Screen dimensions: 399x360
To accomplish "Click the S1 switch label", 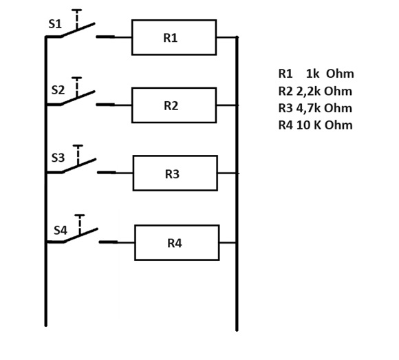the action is [x=55, y=24].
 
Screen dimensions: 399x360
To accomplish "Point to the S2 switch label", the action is [x=58, y=90].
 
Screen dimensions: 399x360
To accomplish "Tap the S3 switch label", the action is [x=58, y=158].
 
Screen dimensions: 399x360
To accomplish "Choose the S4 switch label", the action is [x=61, y=231].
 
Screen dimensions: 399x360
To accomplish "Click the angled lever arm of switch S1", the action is [x=78, y=30].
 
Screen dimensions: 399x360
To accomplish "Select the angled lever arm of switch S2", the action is [x=78, y=98].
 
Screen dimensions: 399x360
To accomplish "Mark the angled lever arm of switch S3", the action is [x=79, y=166].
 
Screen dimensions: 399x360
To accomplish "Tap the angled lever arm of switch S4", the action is [x=80, y=235].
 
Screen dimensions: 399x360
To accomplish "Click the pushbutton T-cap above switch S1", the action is [x=76, y=10].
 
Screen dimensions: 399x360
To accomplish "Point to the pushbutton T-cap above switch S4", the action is [x=80, y=215].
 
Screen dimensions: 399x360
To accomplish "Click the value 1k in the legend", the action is [x=312, y=74].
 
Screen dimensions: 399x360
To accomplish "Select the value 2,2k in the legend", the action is [x=308, y=91].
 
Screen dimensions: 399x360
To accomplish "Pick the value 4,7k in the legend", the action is [x=308, y=108].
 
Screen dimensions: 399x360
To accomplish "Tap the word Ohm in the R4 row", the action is [x=338, y=125].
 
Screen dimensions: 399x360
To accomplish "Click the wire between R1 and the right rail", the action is [x=226, y=37].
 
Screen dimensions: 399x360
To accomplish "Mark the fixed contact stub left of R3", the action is [x=107, y=172].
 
